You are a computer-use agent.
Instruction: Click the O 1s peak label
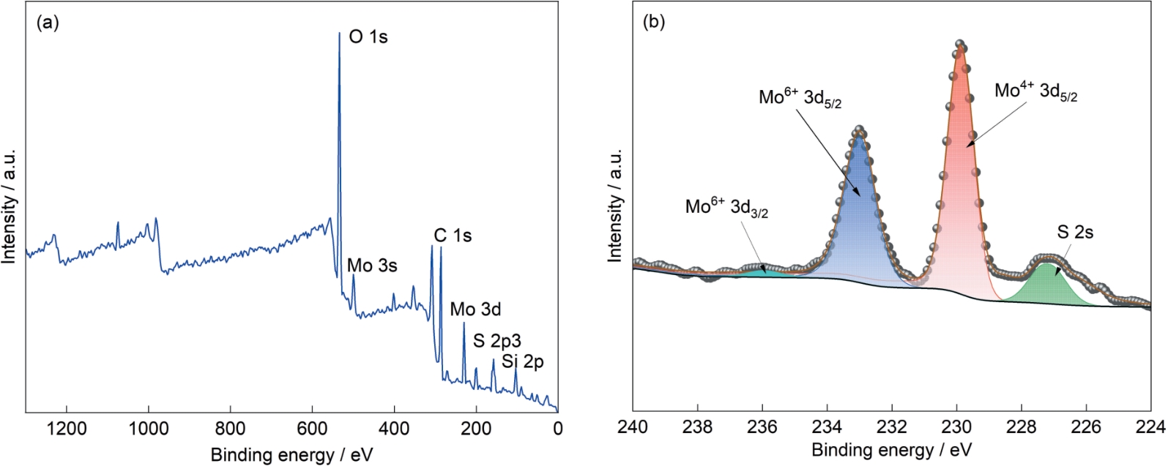(368, 37)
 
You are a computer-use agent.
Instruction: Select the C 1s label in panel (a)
(453, 236)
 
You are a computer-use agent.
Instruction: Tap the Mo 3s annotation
(372, 266)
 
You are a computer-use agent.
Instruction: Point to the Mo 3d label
(475, 309)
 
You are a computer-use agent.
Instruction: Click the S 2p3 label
(497, 341)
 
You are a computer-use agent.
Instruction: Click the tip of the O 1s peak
(340, 33)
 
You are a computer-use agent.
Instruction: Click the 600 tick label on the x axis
(312, 429)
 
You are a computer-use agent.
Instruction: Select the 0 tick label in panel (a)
(558, 429)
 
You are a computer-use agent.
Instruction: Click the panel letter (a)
(48, 23)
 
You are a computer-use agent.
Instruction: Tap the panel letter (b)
(654, 23)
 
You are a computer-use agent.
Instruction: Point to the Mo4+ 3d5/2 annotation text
(1036, 91)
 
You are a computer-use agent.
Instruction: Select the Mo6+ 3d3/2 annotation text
(727, 208)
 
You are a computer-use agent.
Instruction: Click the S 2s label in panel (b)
(1075, 232)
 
